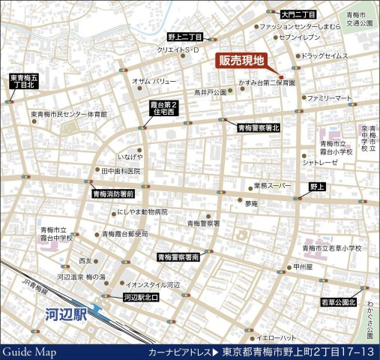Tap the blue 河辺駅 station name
tap(64, 314)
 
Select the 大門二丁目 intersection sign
tap(299, 14)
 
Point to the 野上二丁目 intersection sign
tap(184, 37)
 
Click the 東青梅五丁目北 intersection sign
tap(22, 81)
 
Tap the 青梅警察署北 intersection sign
tap(258, 128)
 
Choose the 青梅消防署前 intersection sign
tap(112, 193)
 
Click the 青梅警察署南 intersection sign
tap(178, 257)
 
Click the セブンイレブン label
tap(302, 37)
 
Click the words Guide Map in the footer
tap(28, 352)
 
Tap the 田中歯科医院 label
tap(121, 171)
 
